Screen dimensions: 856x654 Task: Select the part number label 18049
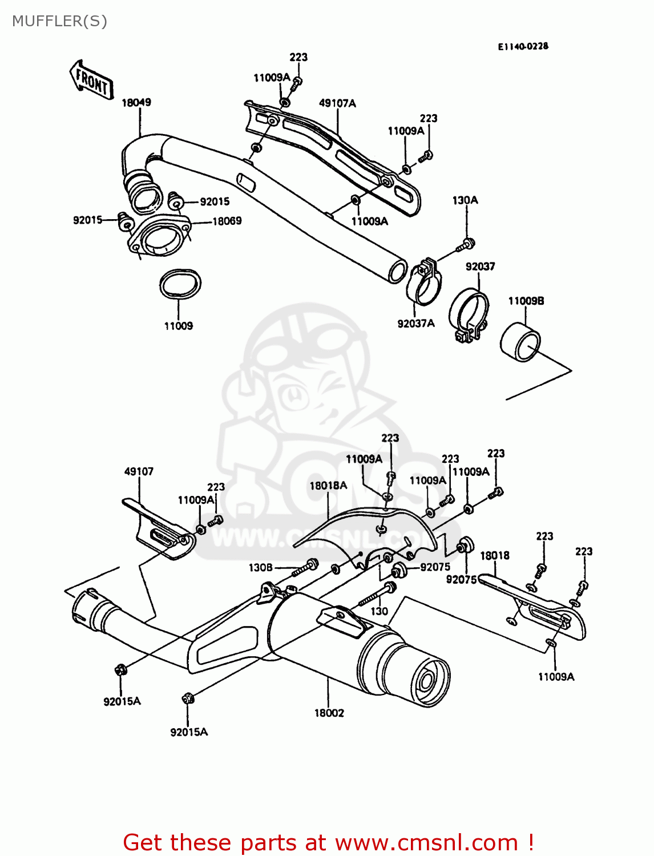(x=136, y=103)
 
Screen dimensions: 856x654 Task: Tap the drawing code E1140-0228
(x=523, y=46)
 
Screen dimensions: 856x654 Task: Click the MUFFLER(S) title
(x=59, y=21)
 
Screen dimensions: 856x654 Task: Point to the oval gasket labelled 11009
(x=180, y=284)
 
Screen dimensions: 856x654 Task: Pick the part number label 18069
(x=227, y=221)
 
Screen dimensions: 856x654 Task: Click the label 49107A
(x=337, y=103)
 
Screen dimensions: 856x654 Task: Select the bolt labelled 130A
(x=465, y=245)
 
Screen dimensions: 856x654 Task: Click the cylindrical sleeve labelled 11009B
(x=520, y=342)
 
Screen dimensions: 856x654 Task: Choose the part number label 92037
(x=480, y=267)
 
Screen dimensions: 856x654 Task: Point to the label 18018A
(x=328, y=486)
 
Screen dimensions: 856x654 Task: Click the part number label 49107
(x=139, y=471)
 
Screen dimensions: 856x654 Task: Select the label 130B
(x=260, y=567)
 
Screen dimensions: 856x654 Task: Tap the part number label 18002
(x=329, y=713)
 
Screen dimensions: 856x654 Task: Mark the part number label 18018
(x=494, y=555)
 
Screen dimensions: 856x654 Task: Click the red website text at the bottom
(x=328, y=842)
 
